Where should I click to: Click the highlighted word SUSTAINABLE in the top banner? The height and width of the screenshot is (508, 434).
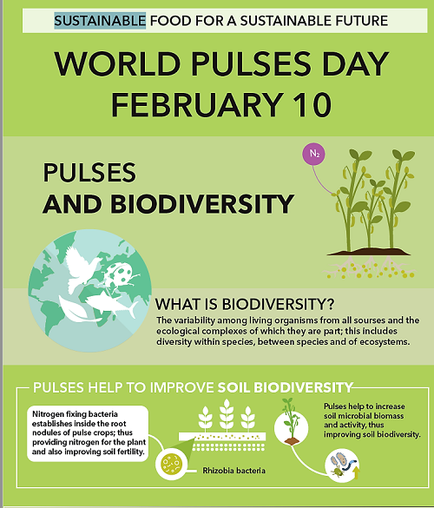point(100,21)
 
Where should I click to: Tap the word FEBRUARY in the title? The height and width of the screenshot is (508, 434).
point(197,104)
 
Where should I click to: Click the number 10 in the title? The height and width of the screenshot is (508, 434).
point(312,104)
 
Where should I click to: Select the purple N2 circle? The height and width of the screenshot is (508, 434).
point(313,154)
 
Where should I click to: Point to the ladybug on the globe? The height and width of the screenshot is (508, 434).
point(121,274)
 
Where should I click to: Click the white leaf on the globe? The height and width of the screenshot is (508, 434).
point(77,310)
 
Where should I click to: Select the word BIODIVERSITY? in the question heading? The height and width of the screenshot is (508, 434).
point(279,304)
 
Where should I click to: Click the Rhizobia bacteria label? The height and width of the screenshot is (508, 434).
point(233,471)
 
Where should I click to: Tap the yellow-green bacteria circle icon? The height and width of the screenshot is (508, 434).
point(171,464)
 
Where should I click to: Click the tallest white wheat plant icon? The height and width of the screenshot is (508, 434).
point(227,415)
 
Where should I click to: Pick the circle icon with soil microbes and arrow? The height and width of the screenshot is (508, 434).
point(343,465)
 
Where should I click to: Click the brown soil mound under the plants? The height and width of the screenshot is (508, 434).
point(369,252)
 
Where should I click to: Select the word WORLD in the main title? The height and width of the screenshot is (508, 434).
point(117,63)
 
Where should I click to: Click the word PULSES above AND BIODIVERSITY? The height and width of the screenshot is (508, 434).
point(89,172)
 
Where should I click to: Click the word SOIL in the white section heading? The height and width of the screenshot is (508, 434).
point(233,387)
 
